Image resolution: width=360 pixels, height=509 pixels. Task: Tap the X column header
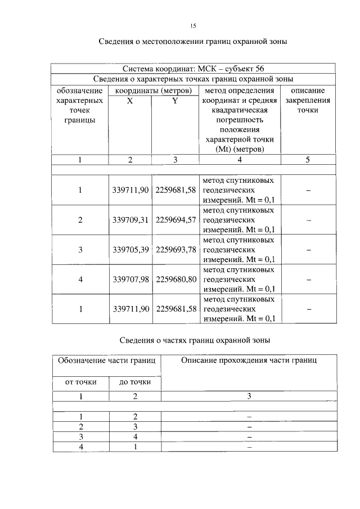pos(130,100)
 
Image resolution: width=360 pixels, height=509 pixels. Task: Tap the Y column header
pos(175,100)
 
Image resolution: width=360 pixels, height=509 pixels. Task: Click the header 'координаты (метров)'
pos(153,90)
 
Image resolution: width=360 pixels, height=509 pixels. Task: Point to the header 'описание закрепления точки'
pos(307,100)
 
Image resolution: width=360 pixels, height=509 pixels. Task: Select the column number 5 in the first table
pos(307,160)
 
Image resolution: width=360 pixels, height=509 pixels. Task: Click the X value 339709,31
pos(130,220)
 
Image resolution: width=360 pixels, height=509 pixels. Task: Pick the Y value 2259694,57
pos(175,220)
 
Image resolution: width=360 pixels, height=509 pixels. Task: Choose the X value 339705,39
pos(130,249)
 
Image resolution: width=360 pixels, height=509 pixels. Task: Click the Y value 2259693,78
pos(175,249)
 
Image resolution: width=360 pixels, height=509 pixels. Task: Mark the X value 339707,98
pos(130,278)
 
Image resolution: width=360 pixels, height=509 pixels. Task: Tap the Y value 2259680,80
pos(175,278)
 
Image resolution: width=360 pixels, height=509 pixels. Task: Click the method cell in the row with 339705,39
pos(238,249)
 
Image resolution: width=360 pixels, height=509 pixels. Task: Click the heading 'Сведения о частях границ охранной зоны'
pos(195,340)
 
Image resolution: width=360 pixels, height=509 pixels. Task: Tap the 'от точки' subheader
pos(80,382)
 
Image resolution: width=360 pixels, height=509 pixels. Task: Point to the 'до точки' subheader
pos(134,382)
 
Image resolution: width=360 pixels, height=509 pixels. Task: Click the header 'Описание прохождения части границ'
pos(249,360)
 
